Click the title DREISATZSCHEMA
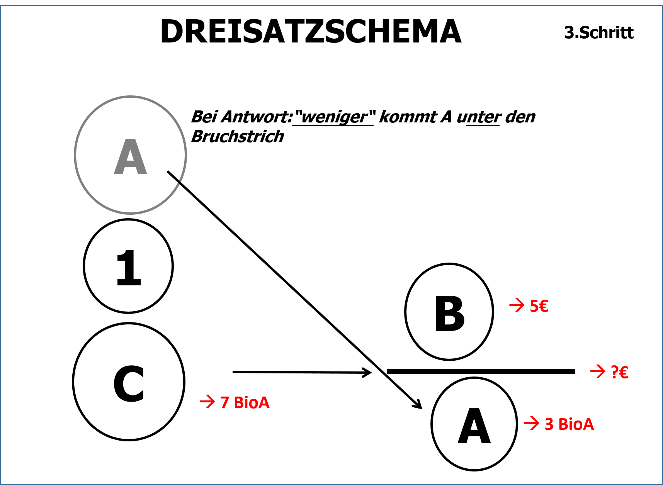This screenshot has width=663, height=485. [x=311, y=31]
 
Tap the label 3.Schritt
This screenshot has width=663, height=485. [x=599, y=32]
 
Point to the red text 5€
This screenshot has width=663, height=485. [x=539, y=306]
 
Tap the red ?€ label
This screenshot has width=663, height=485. [x=619, y=372]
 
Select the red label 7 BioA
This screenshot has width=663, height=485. [x=245, y=402]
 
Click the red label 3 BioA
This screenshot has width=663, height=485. [x=569, y=424]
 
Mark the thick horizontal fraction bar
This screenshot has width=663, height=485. [x=481, y=371]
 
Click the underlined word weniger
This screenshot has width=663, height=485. [x=334, y=117]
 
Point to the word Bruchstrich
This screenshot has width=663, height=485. [x=238, y=136]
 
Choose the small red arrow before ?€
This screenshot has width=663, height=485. [x=598, y=372]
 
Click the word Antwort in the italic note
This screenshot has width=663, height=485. [x=257, y=117]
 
